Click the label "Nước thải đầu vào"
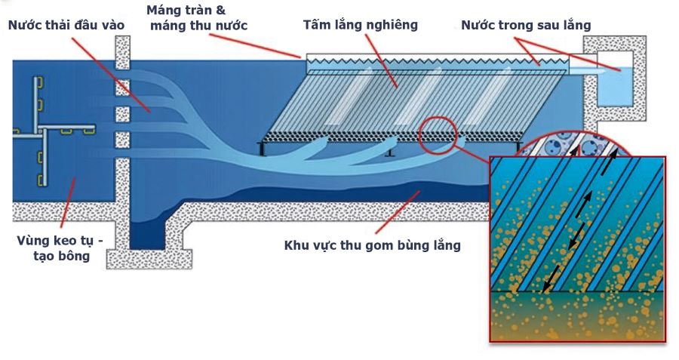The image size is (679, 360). tap(66, 25)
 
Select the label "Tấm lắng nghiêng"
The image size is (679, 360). tap(360, 25)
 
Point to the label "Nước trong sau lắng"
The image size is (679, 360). tap(526, 25)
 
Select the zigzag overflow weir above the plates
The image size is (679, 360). tap(438, 59)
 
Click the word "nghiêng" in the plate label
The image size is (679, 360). tap(392, 25)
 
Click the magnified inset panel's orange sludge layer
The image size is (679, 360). tap(577, 317)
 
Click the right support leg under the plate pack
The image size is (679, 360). tap(520, 146)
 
